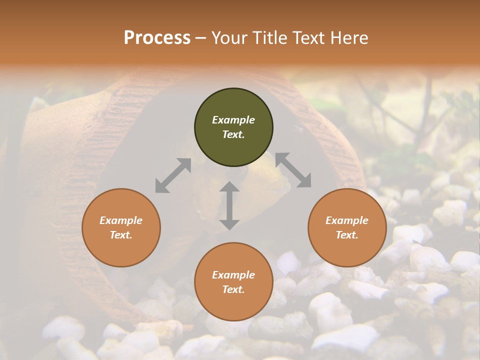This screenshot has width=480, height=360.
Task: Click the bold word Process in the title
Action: point(157,38)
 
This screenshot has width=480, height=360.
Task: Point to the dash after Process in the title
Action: point(200,38)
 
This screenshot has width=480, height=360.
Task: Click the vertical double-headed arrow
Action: point(229,205)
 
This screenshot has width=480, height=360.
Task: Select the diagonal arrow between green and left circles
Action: point(173,175)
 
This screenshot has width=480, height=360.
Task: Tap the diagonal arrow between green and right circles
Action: point(293,170)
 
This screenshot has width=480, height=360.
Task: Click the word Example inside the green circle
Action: point(233,120)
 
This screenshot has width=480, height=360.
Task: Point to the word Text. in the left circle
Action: point(121,235)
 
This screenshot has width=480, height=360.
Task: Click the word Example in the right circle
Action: point(347,220)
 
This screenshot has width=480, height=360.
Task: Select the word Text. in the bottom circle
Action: point(233,289)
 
